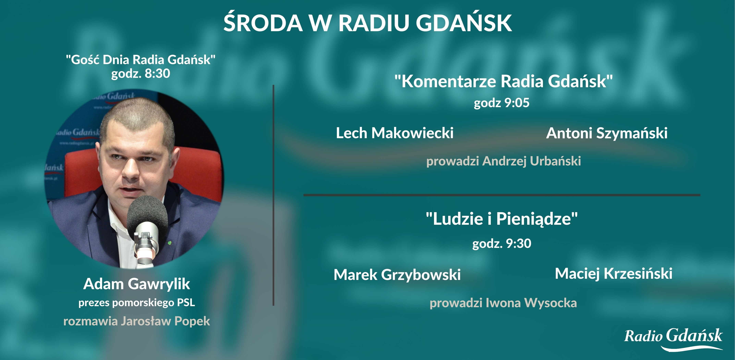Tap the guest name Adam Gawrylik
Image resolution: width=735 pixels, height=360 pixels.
point(137,284)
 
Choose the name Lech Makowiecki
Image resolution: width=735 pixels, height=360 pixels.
point(395,133)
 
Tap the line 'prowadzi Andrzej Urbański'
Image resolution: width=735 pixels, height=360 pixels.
point(504,161)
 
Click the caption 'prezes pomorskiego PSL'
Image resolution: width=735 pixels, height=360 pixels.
point(137,303)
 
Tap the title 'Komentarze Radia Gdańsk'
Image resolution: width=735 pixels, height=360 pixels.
point(504,81)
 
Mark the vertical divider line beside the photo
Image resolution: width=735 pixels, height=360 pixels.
point(273,195)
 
